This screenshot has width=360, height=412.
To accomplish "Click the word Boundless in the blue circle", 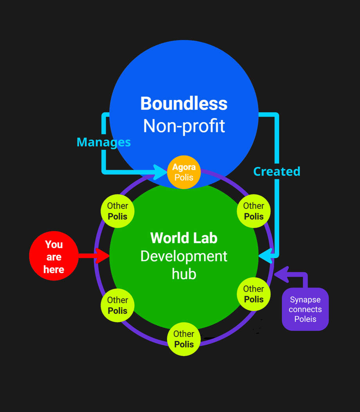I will click(184, 104).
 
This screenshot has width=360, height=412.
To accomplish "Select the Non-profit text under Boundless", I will click(184, 126).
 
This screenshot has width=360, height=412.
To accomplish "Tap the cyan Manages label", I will click(104, 142).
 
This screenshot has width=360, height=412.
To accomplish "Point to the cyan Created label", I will click(277, 171).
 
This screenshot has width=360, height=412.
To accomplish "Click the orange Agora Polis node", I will click(184, 172).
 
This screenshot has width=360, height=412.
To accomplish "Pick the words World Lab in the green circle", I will click(184, 238).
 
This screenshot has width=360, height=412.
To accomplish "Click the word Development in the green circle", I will click(184, 256).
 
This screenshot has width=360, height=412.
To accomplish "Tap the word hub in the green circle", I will click(184, 274).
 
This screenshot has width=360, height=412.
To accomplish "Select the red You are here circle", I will click(54, 256).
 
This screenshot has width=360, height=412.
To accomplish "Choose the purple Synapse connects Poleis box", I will click(305, 309).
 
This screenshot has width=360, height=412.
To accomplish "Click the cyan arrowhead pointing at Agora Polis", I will click(160, 172).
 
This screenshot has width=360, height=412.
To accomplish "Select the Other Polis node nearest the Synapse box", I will click(254, 294).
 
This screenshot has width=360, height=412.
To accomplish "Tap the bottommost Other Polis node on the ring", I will click(184, 339).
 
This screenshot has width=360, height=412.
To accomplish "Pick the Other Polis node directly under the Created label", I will click(254, 211).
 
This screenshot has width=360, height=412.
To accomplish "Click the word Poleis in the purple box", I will click(305, 319).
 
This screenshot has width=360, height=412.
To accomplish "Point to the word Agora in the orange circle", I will click(184, 167).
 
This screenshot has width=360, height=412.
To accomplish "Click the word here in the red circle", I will click(54, 270).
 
